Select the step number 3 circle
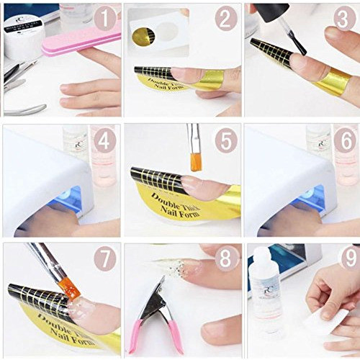(x=345, y=19)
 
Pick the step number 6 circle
(x=345, y=140)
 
